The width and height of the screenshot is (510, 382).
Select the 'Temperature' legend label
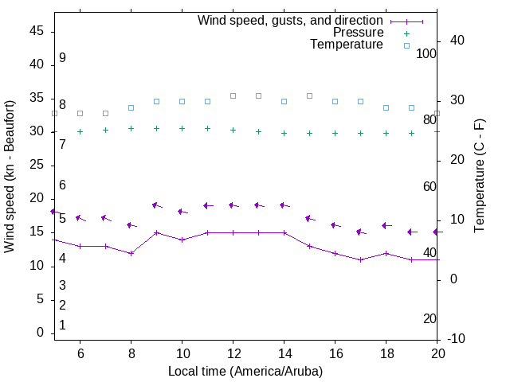pyautogui.click(x=347, y=45)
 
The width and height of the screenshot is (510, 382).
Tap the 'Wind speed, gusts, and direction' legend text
pyautogui.click(x=291, y=21)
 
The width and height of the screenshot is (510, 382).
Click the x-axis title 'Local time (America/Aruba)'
pyautogui.click(x=245, y=371)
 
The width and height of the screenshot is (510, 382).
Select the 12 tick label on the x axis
pyautogui.click(x=233, y=353)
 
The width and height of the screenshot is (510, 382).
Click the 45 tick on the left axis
pyautogui.click(x=36, y=31)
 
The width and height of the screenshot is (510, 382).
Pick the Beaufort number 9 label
pyautogui.click(x=62, y=58)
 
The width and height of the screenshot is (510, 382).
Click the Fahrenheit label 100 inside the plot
pyautogui.click(x=426, y=53)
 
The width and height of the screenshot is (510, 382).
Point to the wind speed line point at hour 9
pyautogui.click(x=156, y=232)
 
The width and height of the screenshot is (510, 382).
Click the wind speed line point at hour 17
pyautogui.click(x=360, y=259)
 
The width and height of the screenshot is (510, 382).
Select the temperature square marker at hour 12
pyautogui.click(x=233, y=95)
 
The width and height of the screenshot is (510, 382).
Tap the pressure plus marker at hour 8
pyautogui.click(x=131, y=128)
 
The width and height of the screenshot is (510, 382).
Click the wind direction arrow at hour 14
pyautogui.click(x=284, y=205)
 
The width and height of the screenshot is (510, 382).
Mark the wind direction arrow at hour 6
pyautogui.click(x=80, y=218)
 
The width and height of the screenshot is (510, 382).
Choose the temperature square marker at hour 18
pyautogui.click(x=386, y=107)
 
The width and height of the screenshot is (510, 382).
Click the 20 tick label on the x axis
pyautogui.click(x=437, y=353)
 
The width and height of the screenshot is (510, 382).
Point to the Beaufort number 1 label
pyautogui.click(x=62, y=325)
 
